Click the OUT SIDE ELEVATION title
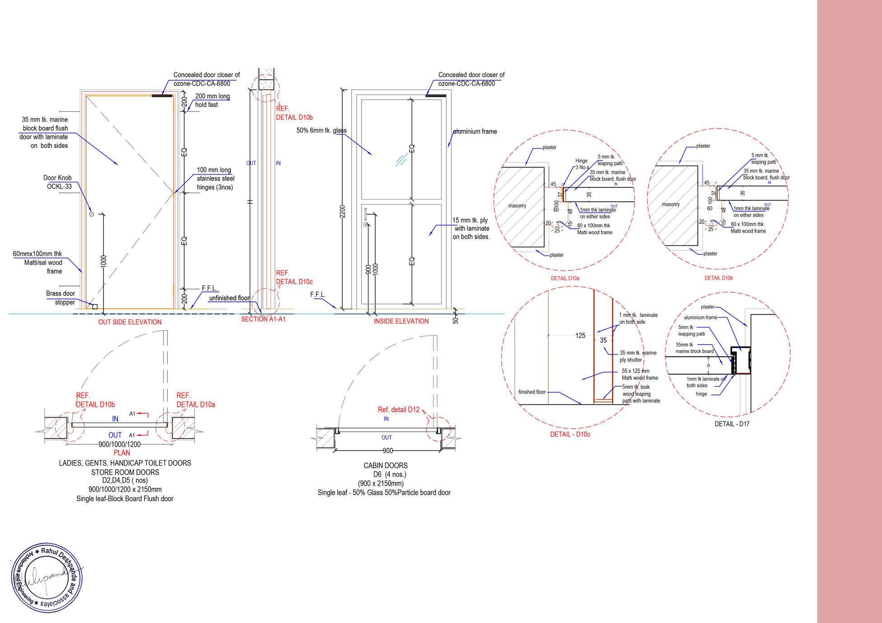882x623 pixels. [130, 322]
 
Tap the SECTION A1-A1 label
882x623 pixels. [263, 319]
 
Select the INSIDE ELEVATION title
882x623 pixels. [401, 321]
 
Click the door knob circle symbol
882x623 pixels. [91, 214]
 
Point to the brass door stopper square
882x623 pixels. [95, 307]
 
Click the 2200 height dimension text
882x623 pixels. [343, 212]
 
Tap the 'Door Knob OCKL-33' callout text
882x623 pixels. [57, 182]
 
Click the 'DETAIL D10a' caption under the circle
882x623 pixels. [565, 278]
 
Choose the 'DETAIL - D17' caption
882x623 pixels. [732, 424]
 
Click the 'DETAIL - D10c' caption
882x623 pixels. [570, 434]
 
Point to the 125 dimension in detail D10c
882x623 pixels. [580, 335]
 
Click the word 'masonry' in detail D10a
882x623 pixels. [517, 206]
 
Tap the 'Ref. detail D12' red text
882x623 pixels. [399, 410]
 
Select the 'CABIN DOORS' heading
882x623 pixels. [386, 466]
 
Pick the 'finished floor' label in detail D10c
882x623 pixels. [532, 392]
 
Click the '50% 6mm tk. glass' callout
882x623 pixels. [322, 131]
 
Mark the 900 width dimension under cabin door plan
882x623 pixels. [387, 451]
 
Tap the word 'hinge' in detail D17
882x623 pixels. [701, 394]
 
